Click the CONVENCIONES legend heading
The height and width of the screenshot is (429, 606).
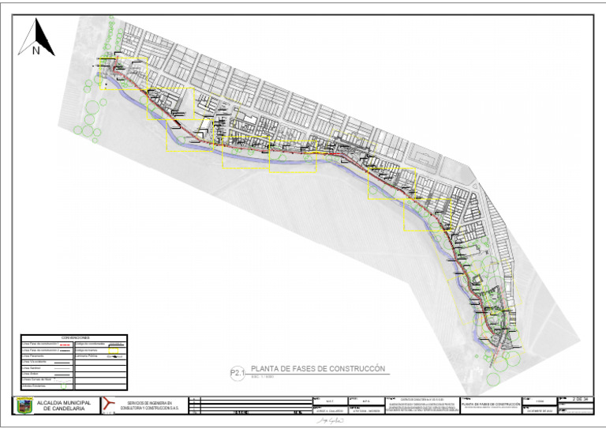click(x=75, y=337)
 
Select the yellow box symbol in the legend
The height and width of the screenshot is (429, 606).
click(x=114, y=349)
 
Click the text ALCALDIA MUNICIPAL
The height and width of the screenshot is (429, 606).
click(x=64, y=402)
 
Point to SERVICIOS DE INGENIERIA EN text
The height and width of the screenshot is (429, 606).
click(x=155, y=403)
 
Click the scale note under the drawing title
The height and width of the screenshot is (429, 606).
click(x=262, y=376)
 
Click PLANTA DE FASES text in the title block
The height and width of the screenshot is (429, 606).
click(x=492, y=404)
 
